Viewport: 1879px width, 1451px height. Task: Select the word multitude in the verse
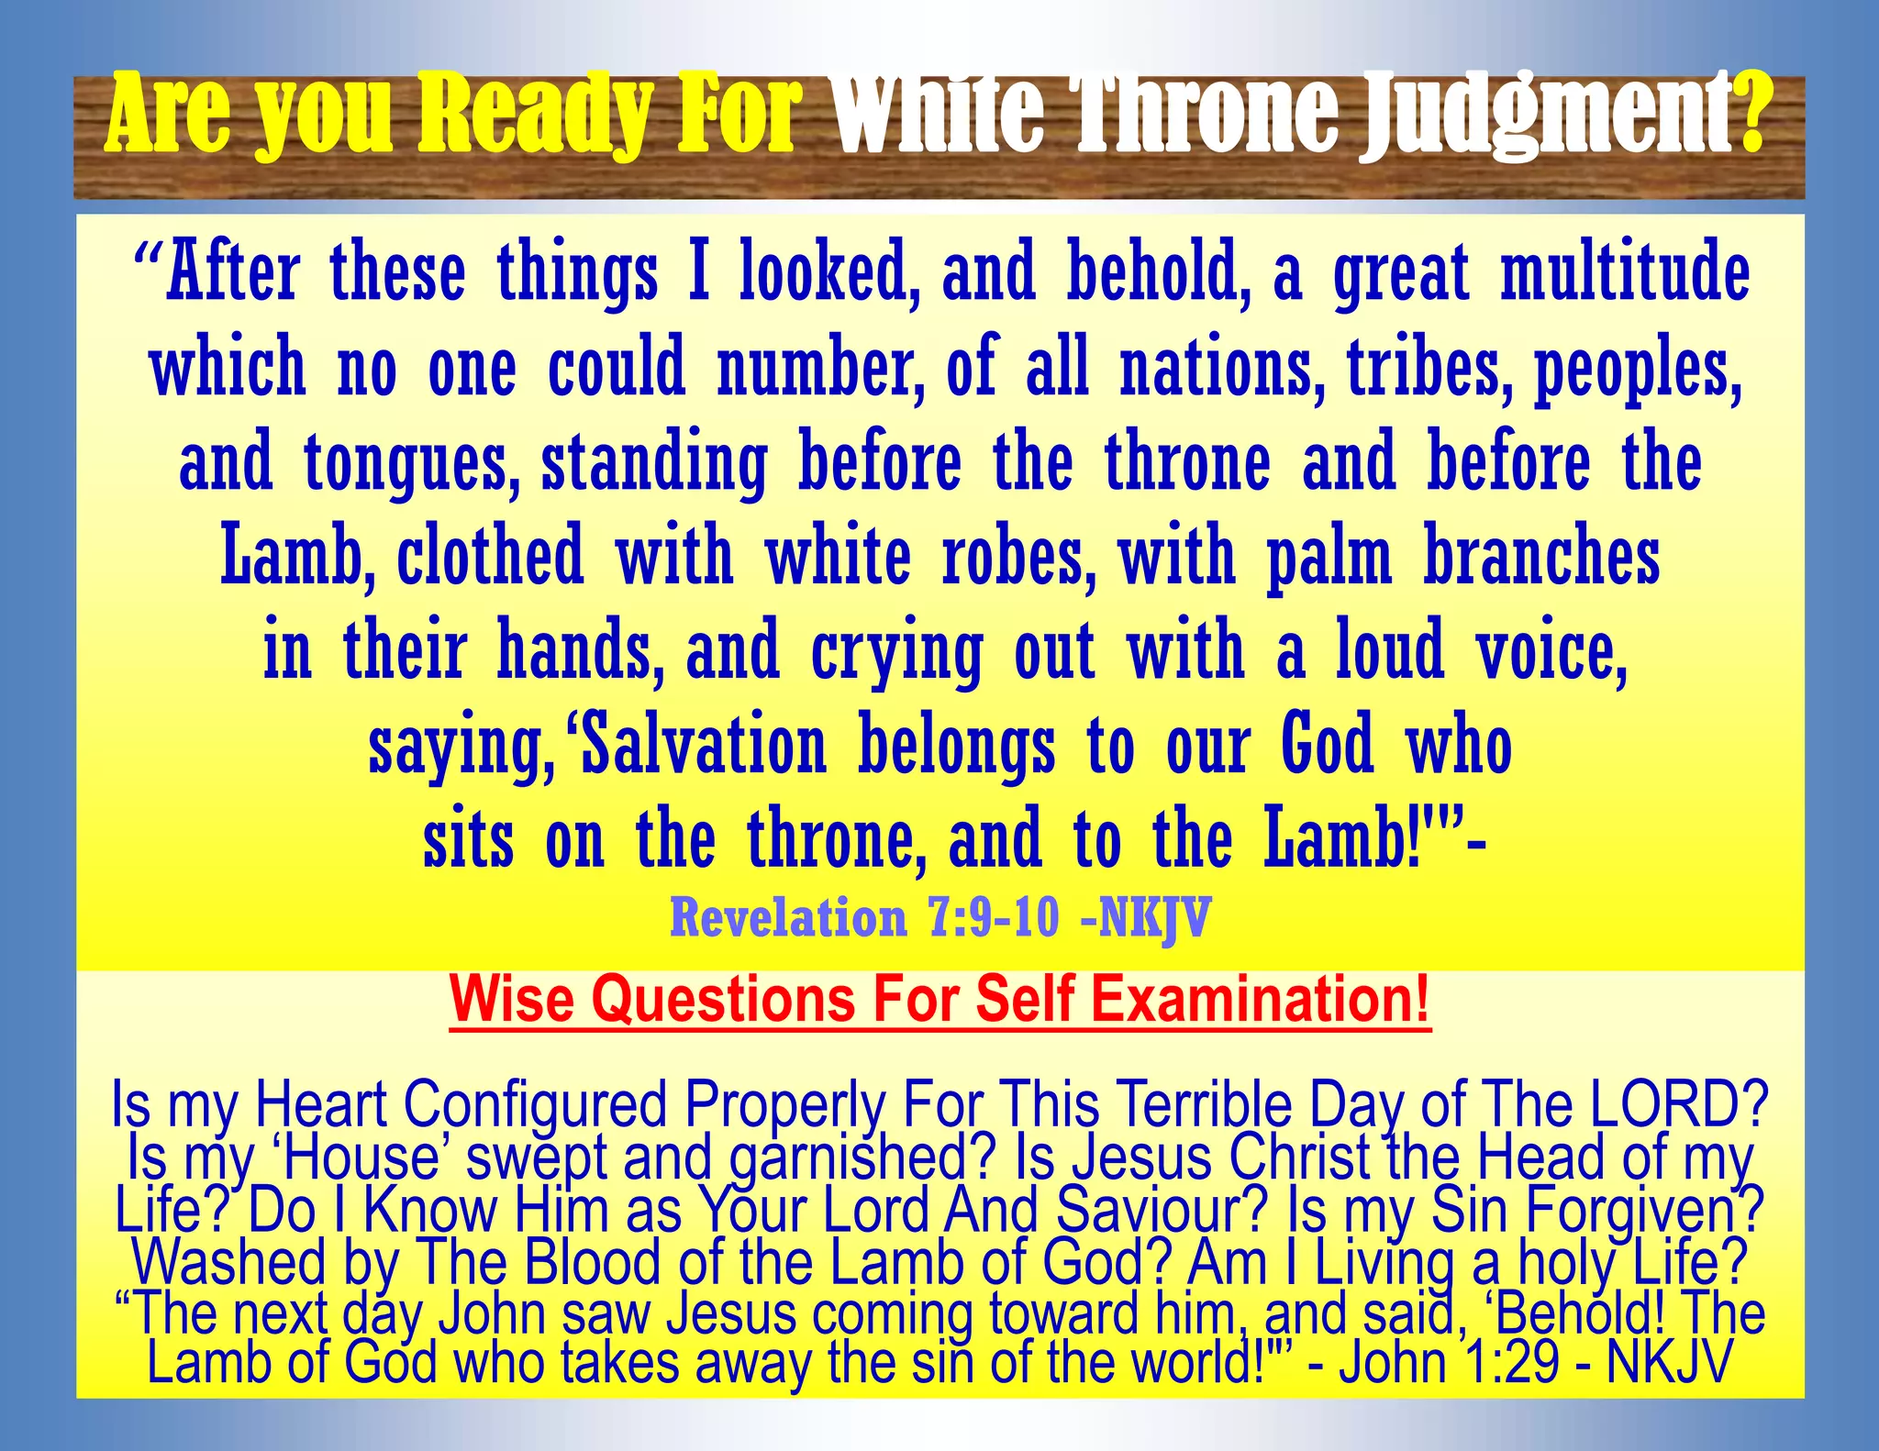[x=1625, y=272]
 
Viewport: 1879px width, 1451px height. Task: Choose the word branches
[x=1541, y=558]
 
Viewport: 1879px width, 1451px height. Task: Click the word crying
[x=896, y=653]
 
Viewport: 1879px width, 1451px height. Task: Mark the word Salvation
[x=704, y=747]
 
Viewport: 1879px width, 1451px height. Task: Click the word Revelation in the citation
[x=788, y=916]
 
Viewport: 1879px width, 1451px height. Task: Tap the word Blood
[x=593, y=1262]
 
